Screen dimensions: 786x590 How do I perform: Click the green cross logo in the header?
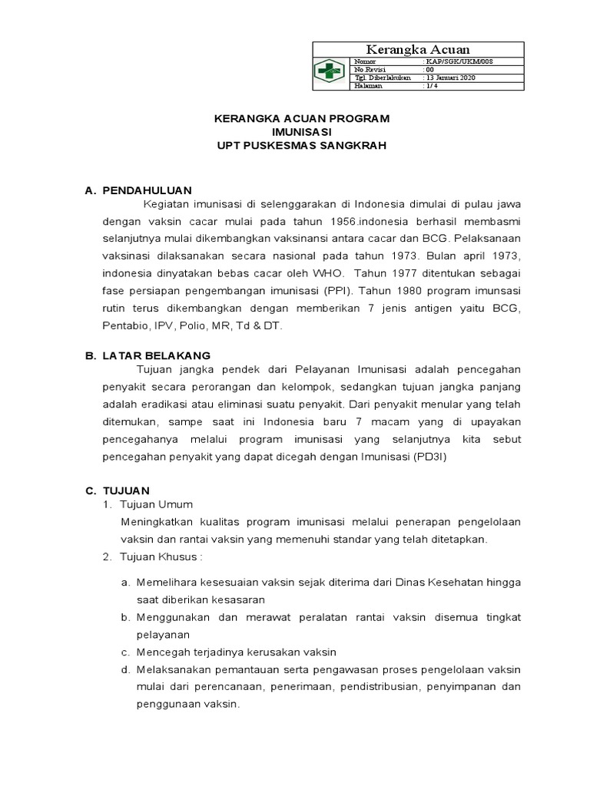331,73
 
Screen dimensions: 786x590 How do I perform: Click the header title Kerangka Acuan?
418,49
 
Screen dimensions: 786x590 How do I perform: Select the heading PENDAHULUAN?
147,190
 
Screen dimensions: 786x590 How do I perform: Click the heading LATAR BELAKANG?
157,355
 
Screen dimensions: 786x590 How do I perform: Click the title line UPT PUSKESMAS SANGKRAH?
301,145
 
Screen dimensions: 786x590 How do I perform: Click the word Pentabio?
122,326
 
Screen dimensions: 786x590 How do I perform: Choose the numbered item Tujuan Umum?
157,504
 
